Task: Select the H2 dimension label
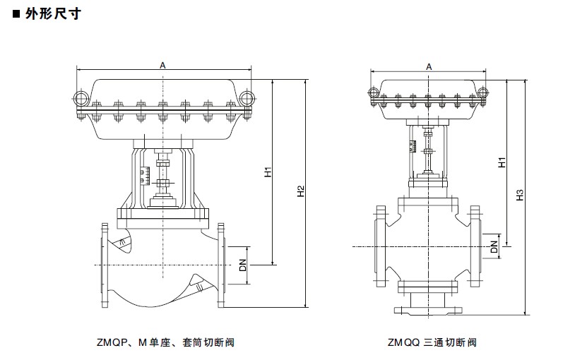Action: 301,191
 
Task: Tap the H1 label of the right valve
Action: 502,161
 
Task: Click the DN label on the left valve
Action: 242,265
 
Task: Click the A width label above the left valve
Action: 163,65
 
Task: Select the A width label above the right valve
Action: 429,67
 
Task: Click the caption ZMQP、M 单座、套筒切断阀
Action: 165,343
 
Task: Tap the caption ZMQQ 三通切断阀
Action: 432,343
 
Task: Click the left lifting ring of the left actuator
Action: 81,99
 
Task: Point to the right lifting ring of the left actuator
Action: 247,99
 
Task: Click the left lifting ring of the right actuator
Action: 373,92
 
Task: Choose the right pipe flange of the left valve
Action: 222,265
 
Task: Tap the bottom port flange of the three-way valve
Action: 427,310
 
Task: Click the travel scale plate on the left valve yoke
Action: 146,174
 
